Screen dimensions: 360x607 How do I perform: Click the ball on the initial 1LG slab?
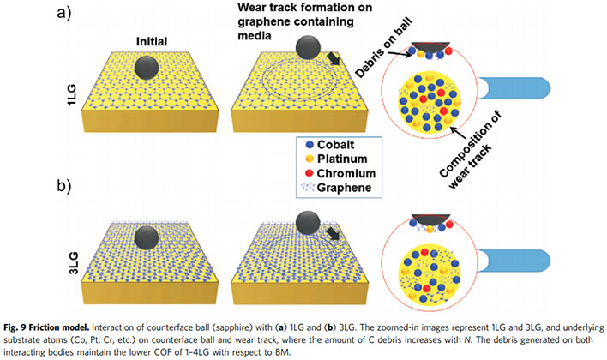(x=147, y=67)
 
